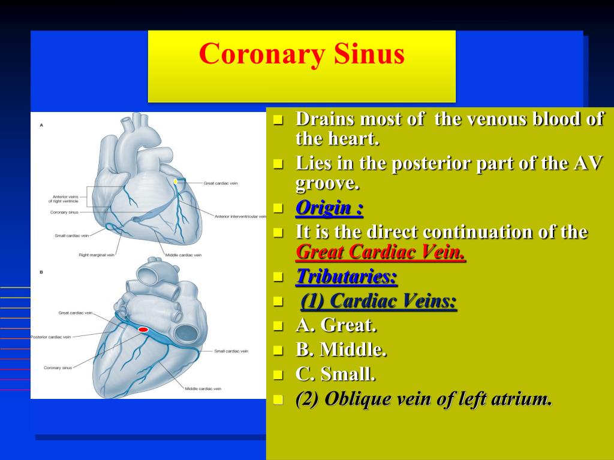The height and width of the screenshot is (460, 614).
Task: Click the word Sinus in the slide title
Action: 369,54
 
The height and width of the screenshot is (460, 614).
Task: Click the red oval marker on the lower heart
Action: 143,329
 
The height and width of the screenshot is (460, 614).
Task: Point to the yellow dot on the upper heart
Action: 175,181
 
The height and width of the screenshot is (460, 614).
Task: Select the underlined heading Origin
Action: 329,208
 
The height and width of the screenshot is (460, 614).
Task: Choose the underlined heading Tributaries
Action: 347,277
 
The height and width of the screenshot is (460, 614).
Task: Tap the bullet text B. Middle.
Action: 341,349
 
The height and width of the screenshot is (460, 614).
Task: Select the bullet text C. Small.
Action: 336,374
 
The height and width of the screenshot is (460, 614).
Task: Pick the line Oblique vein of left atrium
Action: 423,399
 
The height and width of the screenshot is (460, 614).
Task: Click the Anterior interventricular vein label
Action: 240,216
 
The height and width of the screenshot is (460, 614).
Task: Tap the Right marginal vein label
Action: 97,255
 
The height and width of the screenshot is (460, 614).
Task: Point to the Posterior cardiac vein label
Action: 50,337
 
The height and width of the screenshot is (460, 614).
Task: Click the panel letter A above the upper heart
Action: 41,125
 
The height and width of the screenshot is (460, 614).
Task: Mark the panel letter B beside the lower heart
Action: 41,272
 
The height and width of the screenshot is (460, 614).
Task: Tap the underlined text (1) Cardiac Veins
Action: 378,301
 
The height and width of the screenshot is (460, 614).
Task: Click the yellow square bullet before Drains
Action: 278,119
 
